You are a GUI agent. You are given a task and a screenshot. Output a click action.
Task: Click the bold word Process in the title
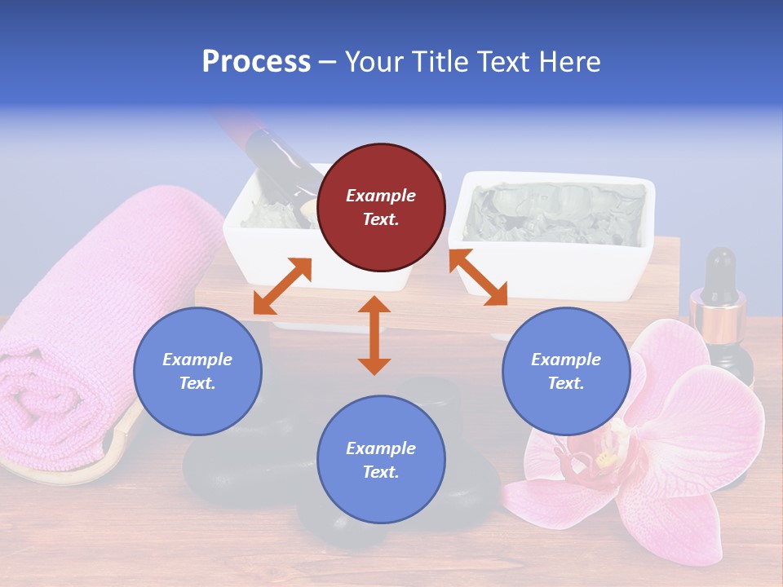(256, 62)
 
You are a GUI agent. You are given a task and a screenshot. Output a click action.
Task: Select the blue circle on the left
(197, 371)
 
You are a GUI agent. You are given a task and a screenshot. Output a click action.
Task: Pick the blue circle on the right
(566, 371)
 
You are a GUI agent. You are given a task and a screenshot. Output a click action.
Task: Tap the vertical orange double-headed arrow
(374, 335)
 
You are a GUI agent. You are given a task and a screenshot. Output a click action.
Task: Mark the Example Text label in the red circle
(381, 207)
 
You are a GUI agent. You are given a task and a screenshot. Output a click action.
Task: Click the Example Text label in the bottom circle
(381, 460)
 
